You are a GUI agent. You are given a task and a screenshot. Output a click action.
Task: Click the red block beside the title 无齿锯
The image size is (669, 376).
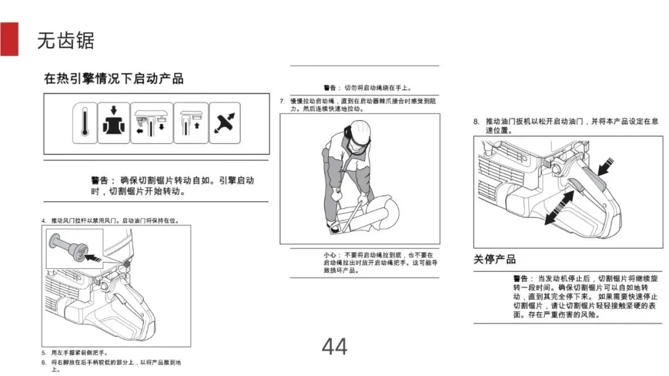pyautogui.click(x=9, y=38)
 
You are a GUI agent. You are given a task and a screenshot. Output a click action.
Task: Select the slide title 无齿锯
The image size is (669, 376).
pyautogui.click(x=66, y=40)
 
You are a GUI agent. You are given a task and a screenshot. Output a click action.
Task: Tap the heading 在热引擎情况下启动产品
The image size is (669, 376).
pyautogui.click(x=114, y=79)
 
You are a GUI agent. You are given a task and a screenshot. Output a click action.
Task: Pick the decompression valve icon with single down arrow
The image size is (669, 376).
pyautogui.click(x=113, y=123)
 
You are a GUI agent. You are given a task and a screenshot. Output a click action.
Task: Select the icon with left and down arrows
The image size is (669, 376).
pyautogui.click(x=151, y=123)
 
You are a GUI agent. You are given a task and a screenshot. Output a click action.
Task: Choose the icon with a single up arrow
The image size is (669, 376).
pyautogui.click(x=190, y=123)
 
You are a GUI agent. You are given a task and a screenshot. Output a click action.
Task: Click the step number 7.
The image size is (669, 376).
pyautogui.click(x=282, y=101)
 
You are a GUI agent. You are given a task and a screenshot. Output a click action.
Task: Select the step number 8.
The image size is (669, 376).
pyautogui.click(x=476, y=121)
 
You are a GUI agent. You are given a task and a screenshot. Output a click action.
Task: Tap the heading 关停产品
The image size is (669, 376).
pyautogui.click(x=494, y=259)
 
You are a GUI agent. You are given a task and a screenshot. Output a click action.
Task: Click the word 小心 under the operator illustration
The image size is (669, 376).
pyautogui.click(x=331, y=255)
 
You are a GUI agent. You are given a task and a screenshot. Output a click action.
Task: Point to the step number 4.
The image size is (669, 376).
pyautogui.click(x=44, y=221)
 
